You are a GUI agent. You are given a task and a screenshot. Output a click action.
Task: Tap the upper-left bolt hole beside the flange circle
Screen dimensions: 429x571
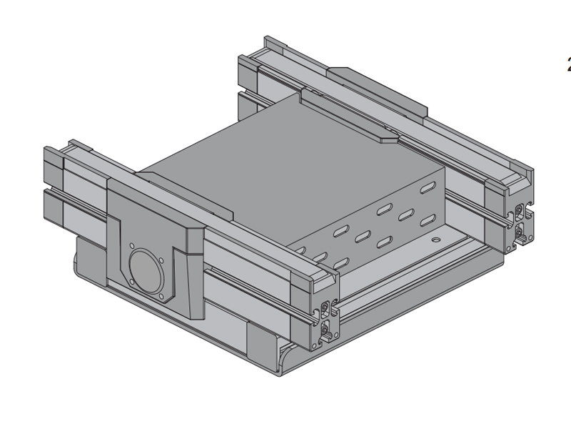pos(133,248)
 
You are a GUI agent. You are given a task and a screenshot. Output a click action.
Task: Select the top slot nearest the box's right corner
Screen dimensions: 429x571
pos(427,188)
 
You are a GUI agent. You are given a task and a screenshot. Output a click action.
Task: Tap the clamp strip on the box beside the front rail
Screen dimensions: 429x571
pos(186,193)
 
